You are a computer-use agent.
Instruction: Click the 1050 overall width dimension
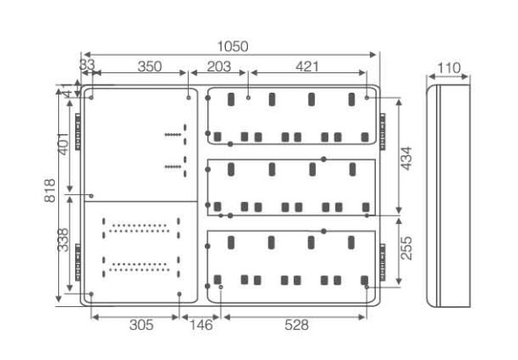click(x=233, y=47)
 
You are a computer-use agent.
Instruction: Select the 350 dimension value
click(x=150, y=67)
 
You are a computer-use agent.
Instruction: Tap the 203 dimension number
click(x=219, y=67)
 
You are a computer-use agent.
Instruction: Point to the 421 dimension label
click(x=307, y=67)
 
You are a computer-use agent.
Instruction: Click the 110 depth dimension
click(x=448, y=68)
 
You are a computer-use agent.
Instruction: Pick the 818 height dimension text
click(x=50, y=191)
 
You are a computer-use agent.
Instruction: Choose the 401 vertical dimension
click(x=64, y=144)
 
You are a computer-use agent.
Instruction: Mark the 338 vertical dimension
click(x=64, y=240)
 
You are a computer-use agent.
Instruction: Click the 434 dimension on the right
click(x=407, y=159)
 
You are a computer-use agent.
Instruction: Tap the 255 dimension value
click(x=407, y=248)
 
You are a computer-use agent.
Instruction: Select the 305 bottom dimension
click(x=141, y=325)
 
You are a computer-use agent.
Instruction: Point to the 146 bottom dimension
click(x=201, y=325)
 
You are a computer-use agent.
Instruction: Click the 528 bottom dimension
click(x=297, y=325)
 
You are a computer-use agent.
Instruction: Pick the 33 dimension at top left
click(x=87, y=64)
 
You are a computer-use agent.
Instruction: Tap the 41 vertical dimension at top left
click(x=68, y=90)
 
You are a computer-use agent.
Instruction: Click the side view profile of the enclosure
click(x=448, y=196)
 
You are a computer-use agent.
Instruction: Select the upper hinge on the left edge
click(x=78, y=131)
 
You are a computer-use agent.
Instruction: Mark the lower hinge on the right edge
click(x=382, y=262)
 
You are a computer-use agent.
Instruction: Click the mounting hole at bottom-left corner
click(x=91, y=294)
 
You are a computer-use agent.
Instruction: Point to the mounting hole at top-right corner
click(x=367, y=98)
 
